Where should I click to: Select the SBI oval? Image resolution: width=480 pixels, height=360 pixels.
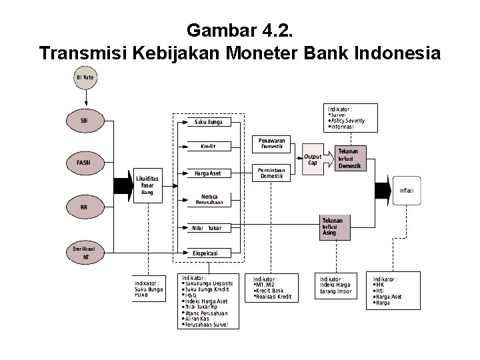pyautogui.click(x=85, y=121)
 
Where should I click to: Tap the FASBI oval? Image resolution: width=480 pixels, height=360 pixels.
pyautogui.click(x=85, y=162)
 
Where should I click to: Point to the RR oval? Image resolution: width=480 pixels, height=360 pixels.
pyautogui.click(x=85, y=207)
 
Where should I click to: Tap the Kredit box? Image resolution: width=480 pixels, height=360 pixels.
pyautogui.click(x=207, y=147)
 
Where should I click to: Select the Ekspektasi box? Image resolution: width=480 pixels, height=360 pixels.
pyautogui.click(x=207, y=253)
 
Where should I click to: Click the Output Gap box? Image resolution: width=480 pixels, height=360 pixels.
pyautogui.click(x=313, y=159)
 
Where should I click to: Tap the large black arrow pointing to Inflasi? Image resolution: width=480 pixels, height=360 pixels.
pyautogui.click(x=383, y=190)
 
